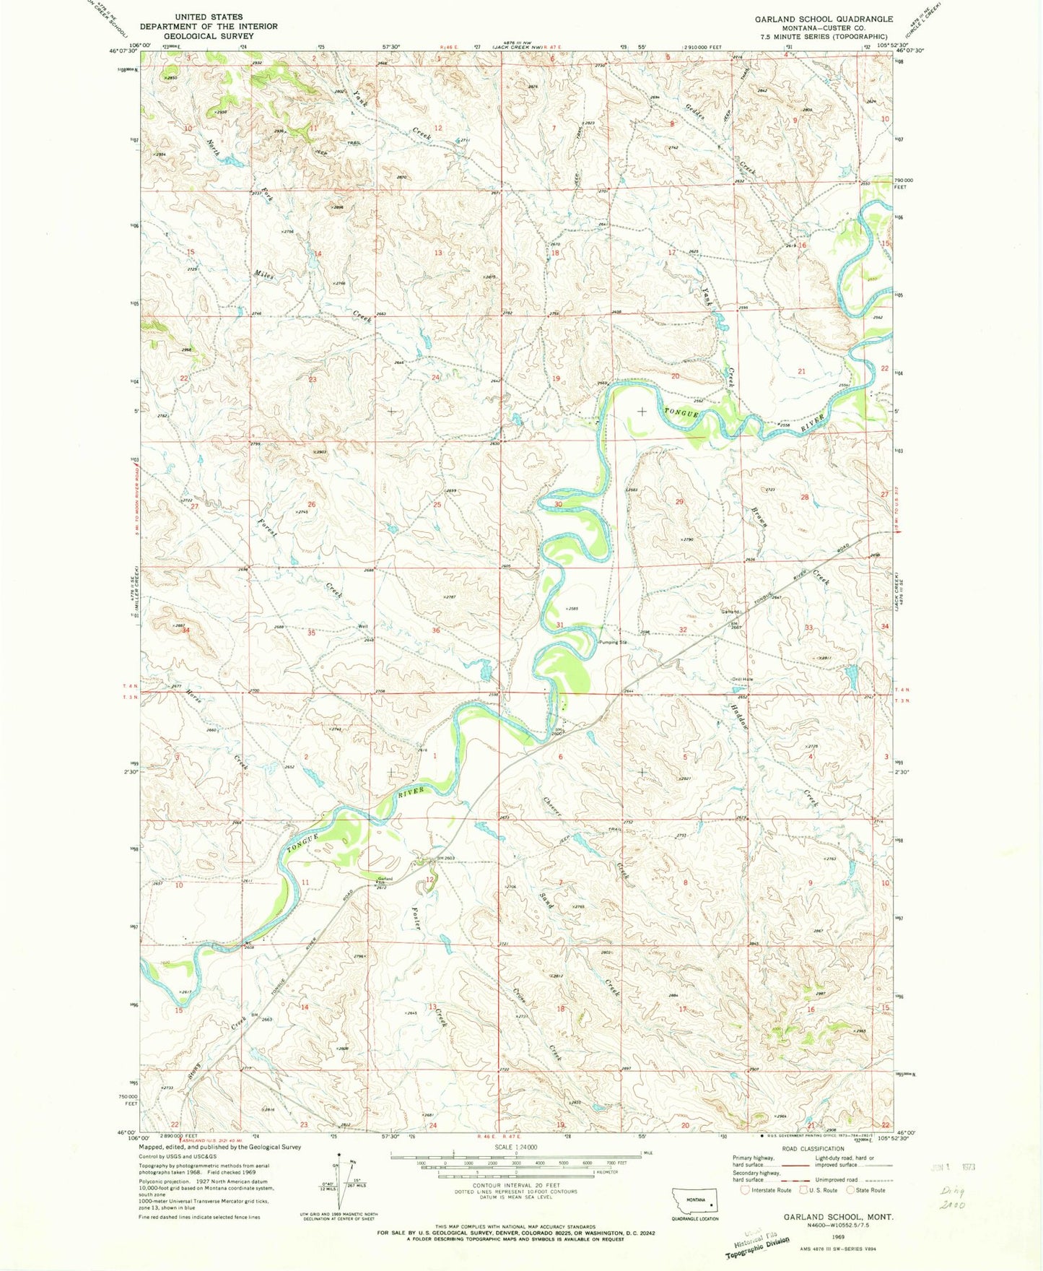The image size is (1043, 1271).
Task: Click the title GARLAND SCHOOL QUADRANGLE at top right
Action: [824, 19]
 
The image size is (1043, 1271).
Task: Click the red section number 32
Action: [683, 630]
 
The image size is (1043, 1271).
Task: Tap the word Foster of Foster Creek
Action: [416, 918]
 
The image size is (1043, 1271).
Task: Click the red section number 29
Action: [678, 501]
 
